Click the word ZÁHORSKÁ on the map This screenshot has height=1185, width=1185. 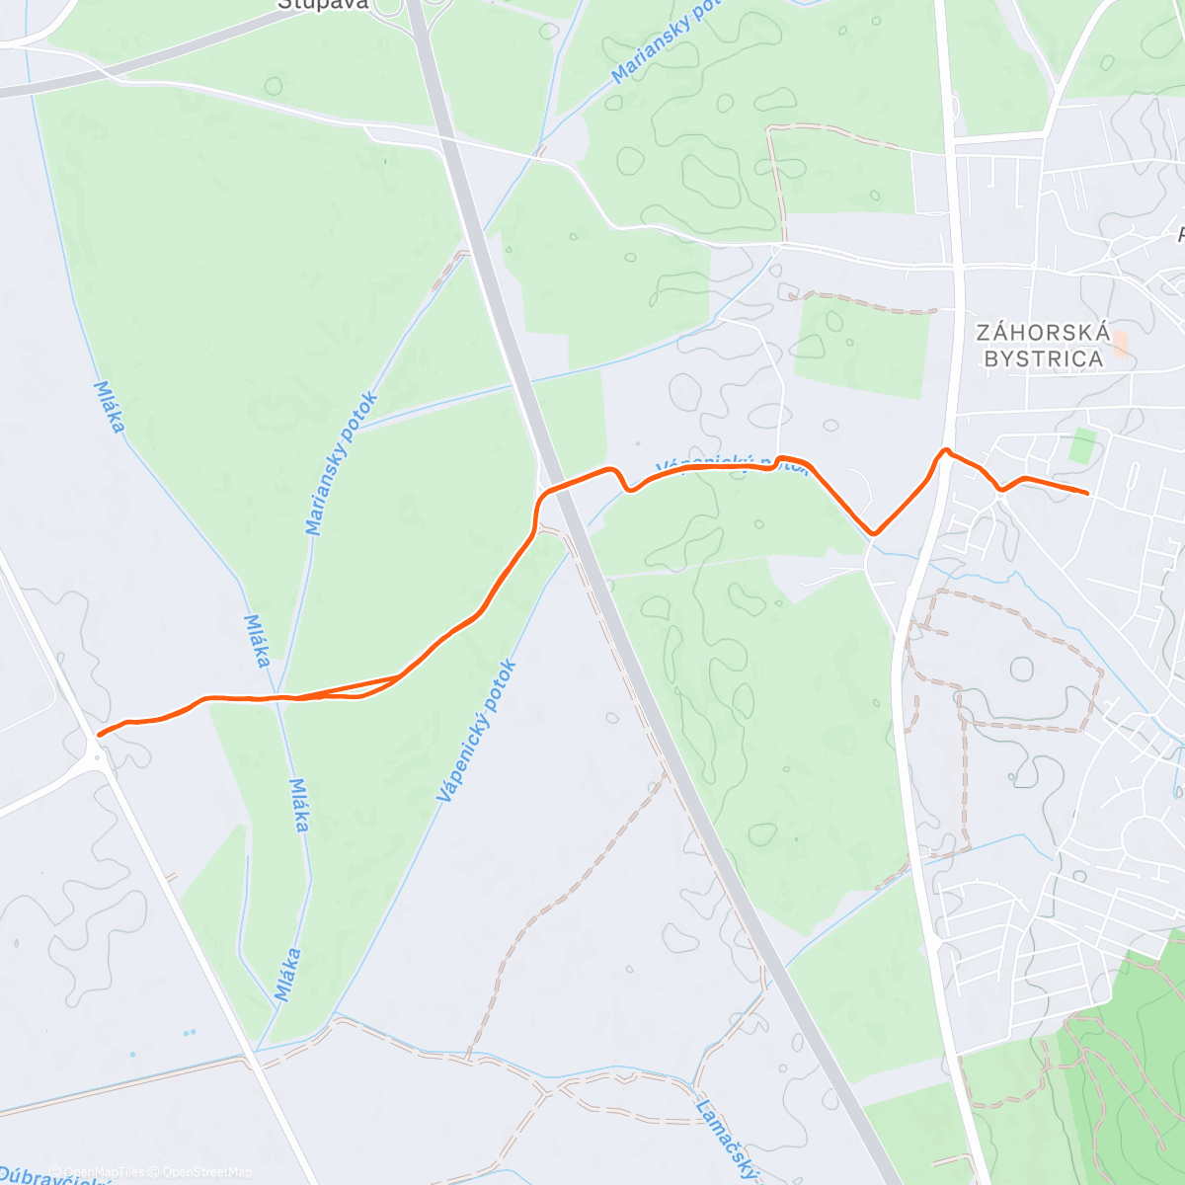click(1042, 333)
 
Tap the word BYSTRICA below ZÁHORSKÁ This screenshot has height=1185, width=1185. click(1044, 358)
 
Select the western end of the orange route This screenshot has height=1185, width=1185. click(99, 735)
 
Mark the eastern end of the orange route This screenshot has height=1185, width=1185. click(1087, 493)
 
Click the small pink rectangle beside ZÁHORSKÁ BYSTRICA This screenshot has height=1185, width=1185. click(1120, 345)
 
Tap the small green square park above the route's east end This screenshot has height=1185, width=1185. click(1083, 445)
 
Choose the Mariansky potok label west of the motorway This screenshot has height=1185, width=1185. click(342, 464)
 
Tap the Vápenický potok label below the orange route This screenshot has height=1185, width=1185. click(476, 731)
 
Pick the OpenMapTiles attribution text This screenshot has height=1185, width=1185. click(104, 1172)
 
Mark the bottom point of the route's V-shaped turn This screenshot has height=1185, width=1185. click(873, 534)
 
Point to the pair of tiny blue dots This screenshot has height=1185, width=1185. click(189, 1033)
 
